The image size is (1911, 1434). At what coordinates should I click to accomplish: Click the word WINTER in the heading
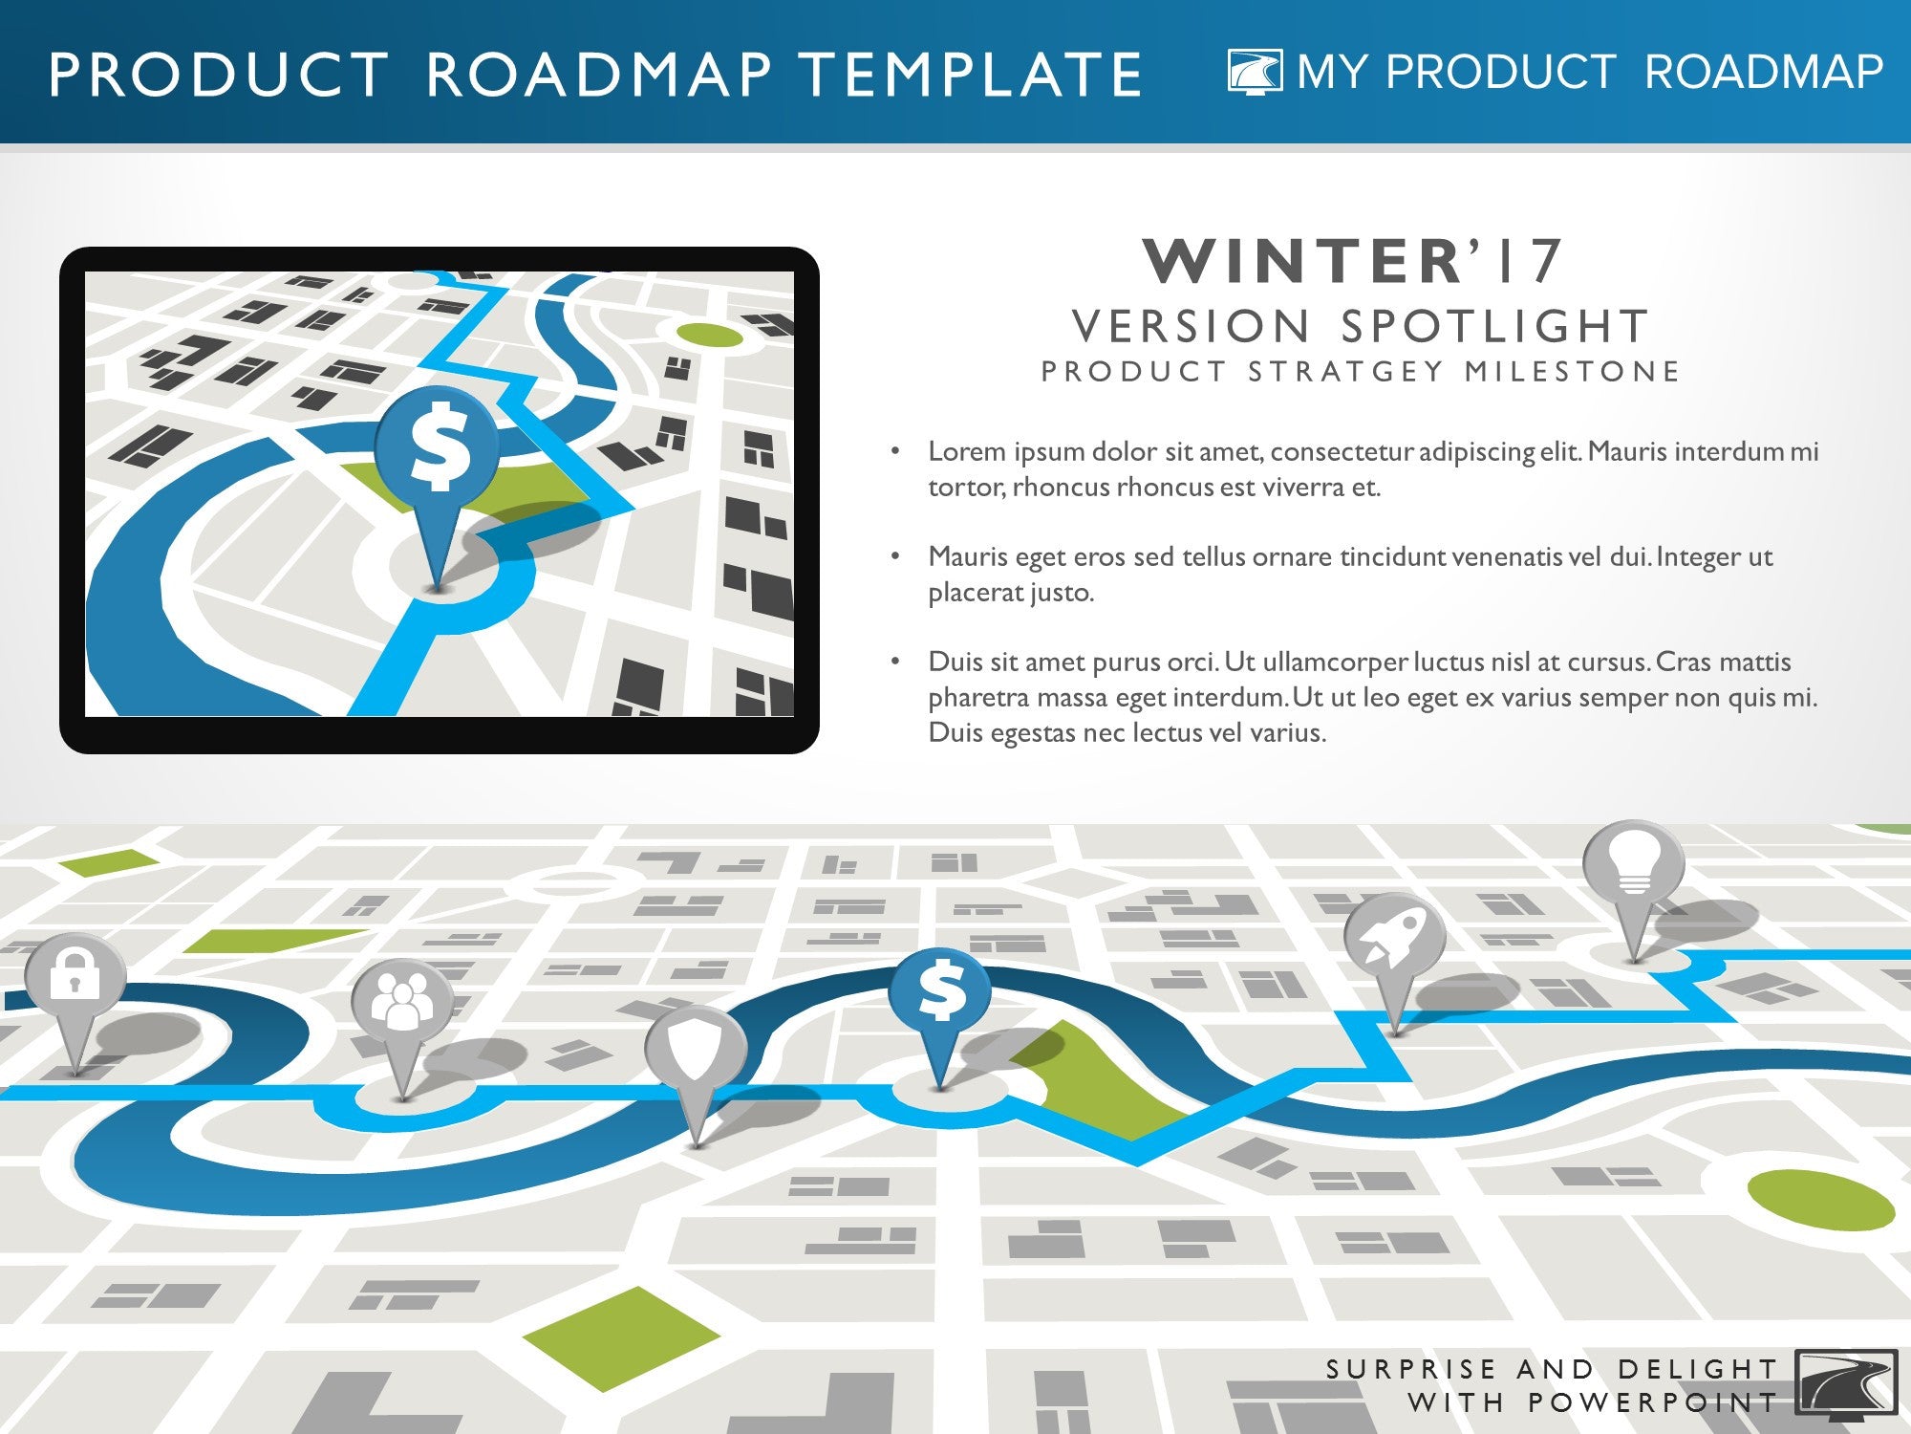point(1300,261)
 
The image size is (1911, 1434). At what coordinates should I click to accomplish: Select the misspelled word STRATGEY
point(1346,371)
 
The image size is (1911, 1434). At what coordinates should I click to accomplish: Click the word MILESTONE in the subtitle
point(1572,371)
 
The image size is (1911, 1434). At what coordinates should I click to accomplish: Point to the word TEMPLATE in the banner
point(970,75)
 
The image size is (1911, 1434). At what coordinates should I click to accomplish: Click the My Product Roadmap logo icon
point(1256,72)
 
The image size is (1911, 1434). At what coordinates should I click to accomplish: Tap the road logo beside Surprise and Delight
point(1846,1381)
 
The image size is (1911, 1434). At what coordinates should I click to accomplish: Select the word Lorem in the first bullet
point(967,451)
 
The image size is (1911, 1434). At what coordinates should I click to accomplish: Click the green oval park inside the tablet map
point(710,336)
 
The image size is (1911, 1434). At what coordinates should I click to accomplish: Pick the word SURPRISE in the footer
point(1410,1369)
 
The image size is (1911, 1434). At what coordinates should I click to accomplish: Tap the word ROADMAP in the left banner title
point(598,75)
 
